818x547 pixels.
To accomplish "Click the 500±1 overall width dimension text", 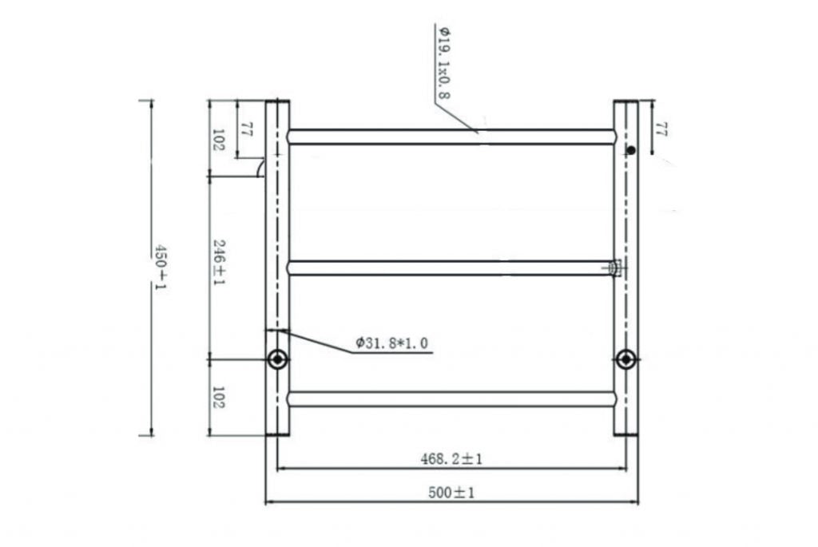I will [x=452, y=493].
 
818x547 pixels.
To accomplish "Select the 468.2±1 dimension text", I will [x=452, y=459].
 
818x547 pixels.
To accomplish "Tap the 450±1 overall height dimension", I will [x=161, y=268].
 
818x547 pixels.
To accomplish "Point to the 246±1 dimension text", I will [x=218, y=264].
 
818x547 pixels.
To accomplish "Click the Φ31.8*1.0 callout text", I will [x=391, y=343].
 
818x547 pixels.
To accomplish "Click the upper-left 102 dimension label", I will [x=218, y=140].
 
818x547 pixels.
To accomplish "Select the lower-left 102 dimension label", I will [x=218, y=398].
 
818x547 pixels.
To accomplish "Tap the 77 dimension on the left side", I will [x=246, y=130].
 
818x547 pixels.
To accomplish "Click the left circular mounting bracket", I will [x=277, y=359].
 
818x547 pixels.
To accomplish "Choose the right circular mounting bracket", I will [x=626, y=359].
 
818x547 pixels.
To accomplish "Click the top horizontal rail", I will [x=451, y=137].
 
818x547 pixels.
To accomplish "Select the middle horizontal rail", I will [x=447, y=268].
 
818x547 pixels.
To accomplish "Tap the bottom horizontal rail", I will [x=451, y=398].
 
